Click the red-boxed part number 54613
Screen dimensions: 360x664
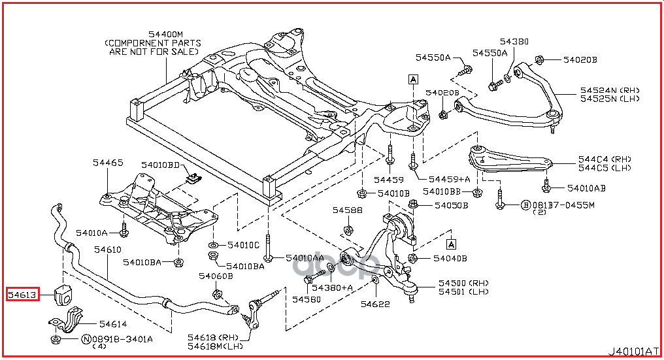point(23,295)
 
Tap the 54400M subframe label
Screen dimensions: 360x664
point(165,33)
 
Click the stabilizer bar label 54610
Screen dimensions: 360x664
point(107,250)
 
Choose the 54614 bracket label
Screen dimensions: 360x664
point(112,323)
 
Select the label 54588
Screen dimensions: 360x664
point(346,210)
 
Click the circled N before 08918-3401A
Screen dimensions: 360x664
point(86,339)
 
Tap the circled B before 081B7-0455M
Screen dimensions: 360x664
point(525,205)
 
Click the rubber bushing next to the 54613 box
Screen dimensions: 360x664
point(67,295)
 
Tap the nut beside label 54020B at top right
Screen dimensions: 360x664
point(540,61)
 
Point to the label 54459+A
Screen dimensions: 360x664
point(450,179)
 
